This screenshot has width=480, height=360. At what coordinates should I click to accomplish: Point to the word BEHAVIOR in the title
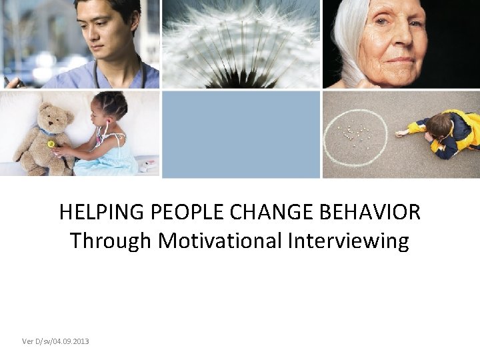371,213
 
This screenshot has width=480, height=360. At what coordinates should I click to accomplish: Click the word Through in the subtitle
111,241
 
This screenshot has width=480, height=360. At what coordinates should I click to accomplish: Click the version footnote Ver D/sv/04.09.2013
55,341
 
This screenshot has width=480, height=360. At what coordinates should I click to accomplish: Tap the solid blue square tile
241,134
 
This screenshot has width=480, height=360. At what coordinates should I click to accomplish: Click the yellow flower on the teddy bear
51,144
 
